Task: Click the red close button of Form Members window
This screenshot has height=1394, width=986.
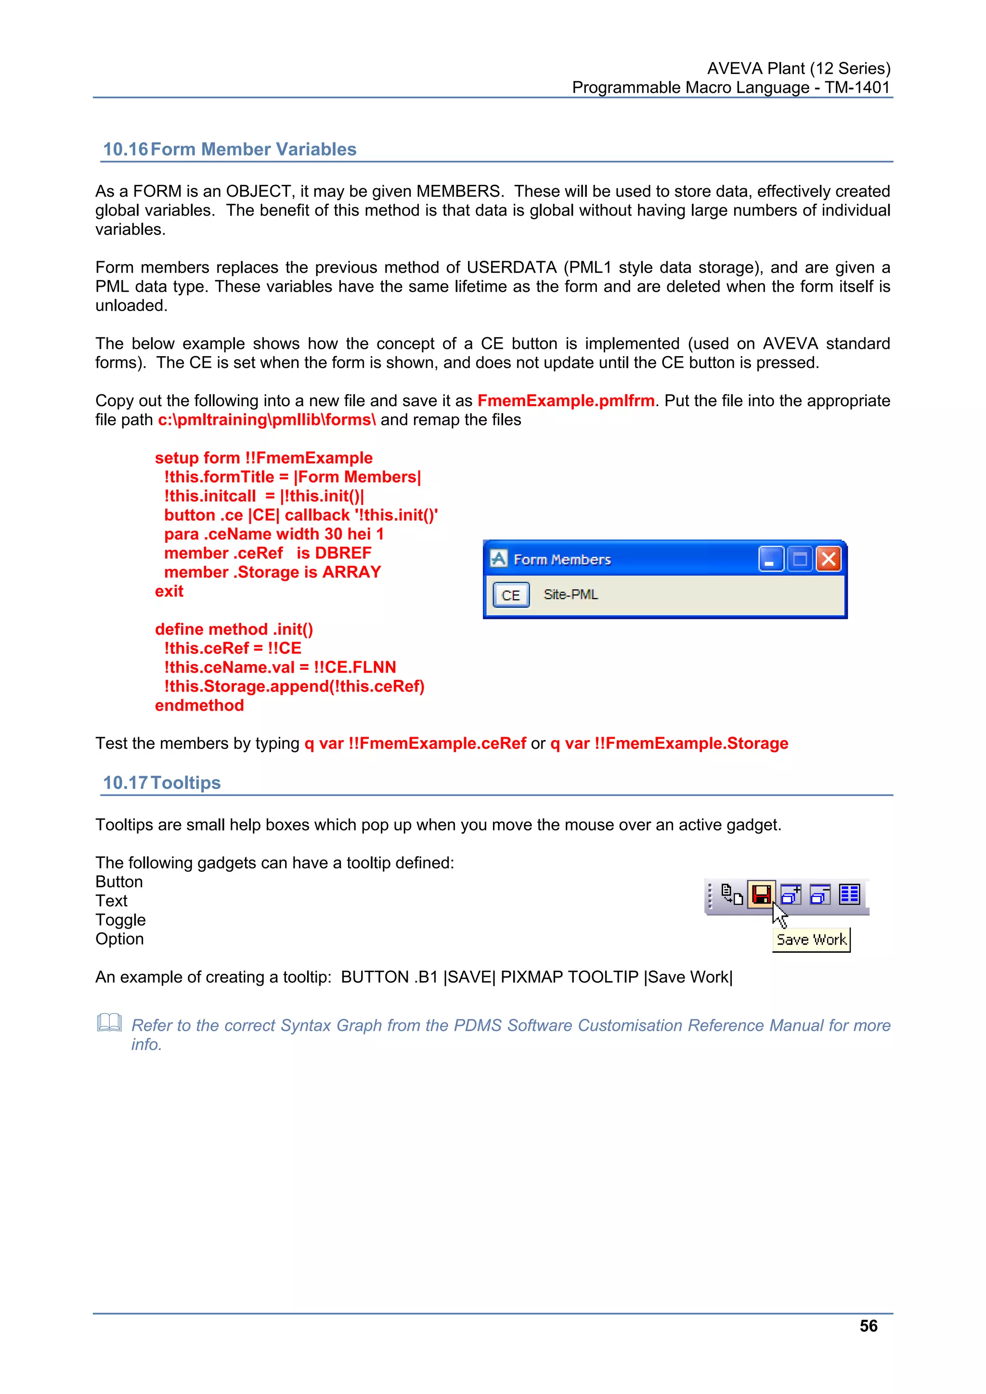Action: coord(828,559)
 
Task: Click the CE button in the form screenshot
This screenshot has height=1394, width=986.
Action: coord(510,595)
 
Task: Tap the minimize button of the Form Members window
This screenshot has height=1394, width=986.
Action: coord(770,559)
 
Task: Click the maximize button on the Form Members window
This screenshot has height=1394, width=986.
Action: coord(800,559)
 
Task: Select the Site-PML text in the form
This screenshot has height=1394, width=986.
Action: coord(571,594)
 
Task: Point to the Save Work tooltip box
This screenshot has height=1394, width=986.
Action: coord(811,940)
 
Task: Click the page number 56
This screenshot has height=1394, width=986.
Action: coord(868,1325)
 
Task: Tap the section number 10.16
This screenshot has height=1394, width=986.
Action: coord(125,149)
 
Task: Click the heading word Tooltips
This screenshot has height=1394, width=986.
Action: coord(185,782)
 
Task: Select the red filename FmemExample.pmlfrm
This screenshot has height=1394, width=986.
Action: coord(566,401)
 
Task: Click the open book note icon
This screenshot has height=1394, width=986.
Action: coord(109,1023)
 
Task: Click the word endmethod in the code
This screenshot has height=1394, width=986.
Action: coord(199,705)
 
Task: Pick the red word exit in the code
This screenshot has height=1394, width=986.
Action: coord(169,591)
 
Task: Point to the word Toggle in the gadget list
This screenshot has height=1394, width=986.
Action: coord(120,920)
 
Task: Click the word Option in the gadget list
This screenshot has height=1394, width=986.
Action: coord(120,939)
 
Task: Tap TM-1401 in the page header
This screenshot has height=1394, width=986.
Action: coord(856,88)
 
